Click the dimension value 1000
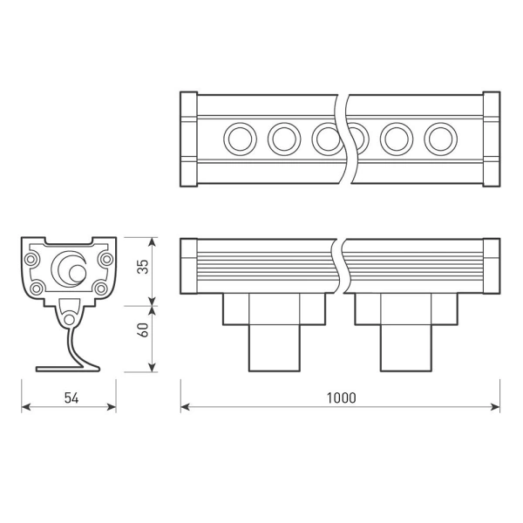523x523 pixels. [x=341, y=397]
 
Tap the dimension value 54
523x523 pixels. [x=71, y=397]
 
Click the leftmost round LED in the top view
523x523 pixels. [x=238, y=138]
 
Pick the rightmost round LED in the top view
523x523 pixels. [x=440, y=138]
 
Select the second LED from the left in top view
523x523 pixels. [x=284, y=138]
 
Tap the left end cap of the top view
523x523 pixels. [x=188, y=138]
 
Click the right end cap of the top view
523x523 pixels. [x=491, y=138]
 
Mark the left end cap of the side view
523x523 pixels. [x=188, y=267]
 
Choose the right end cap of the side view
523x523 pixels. [x=491, y=267]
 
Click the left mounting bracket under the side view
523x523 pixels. [x=274, y=331]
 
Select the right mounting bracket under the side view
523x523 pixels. [x=404, y=331]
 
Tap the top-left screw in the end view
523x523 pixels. [x=35, y=259]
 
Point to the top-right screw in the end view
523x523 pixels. [x=106, y=259]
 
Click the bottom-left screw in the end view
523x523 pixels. [x=37, y=289]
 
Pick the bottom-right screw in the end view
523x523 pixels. [x=101, y=289]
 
